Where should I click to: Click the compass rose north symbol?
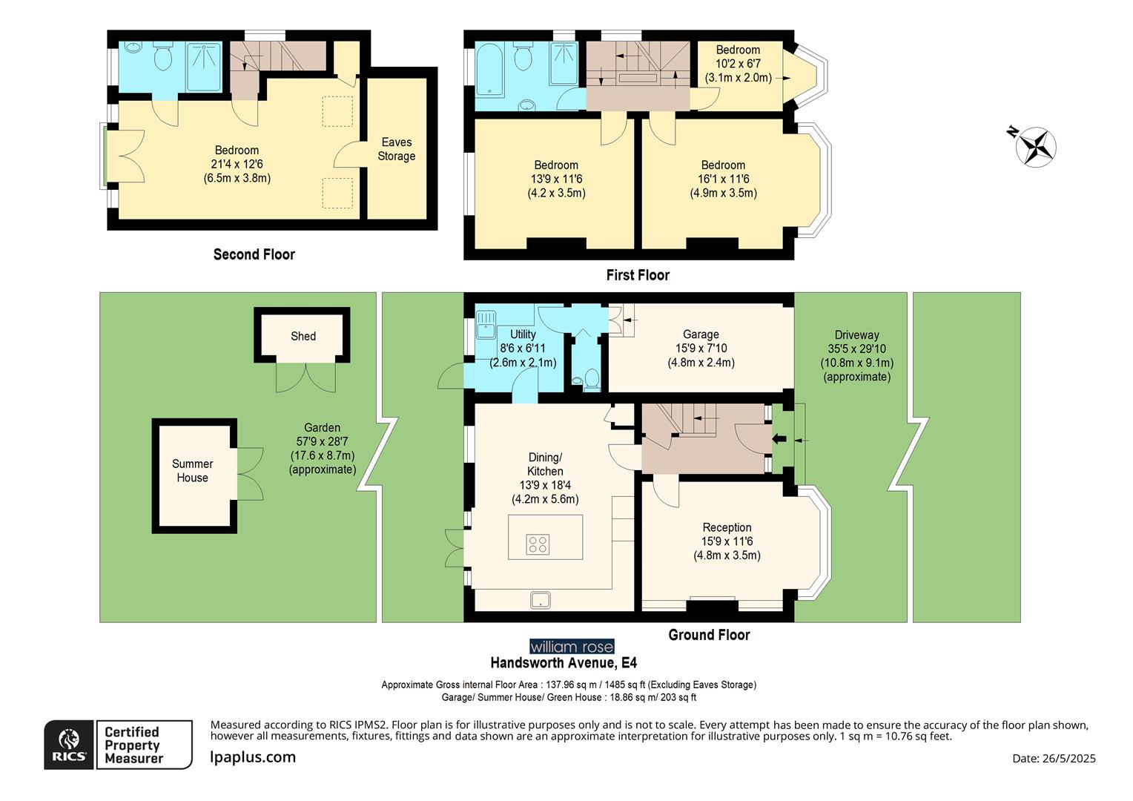(x=1036, y=145)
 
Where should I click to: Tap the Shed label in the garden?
(x=303, y=336)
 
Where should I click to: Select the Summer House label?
(x=192, y=471)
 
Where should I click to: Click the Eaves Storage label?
(x=396, y=149)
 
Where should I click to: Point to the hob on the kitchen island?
(x=538, y=544)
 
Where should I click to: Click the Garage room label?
(x=701, y=334)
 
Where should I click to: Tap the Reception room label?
(x=727, y=527)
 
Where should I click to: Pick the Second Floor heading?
(x=254, y=254)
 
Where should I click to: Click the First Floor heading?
(x=638, y=275)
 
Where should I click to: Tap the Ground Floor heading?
(x=709, y=635)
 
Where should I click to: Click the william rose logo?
(x=571, y=646)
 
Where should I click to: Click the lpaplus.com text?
(x=253, y=757)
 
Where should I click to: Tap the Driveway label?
(x=856, y=334)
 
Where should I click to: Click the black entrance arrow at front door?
(x=779, y=439)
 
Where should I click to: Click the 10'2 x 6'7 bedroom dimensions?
(x=738, y=64)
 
